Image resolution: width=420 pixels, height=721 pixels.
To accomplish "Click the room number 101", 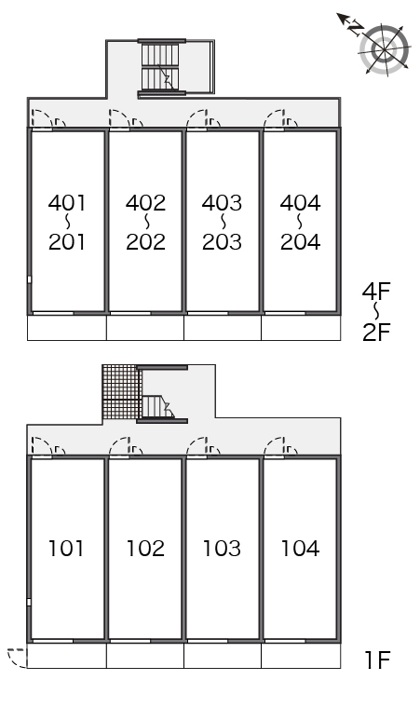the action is (x=66, y=548).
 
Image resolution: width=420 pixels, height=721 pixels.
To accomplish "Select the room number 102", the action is (x=145, y=548).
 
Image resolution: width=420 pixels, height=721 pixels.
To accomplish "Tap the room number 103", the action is (x=222, y=548).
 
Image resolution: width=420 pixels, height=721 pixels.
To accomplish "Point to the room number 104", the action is (x=300, y=548).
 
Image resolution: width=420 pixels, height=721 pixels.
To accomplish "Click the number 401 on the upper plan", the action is (x=67, y=202).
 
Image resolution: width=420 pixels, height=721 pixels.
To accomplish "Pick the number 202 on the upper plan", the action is (x=145, y=242).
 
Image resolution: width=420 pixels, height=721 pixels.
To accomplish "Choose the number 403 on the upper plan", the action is (x=222, y=202).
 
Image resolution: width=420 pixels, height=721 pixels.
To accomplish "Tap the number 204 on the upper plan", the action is (x=301, y=242).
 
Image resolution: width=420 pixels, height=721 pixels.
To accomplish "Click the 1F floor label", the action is (x=377, y=660).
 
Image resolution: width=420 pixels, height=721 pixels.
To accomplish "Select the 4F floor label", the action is (x=376, y=291).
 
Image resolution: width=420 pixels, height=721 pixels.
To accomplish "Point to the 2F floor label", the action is (x=376, y=332).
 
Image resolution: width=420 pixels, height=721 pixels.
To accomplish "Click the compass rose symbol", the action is (x=385, y=49).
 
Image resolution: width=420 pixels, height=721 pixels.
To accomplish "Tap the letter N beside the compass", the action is (x=356, y=29).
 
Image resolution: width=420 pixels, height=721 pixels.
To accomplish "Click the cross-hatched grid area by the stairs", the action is (x=121, y=392).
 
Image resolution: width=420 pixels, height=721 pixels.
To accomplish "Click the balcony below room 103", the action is (x=223, y=656).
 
